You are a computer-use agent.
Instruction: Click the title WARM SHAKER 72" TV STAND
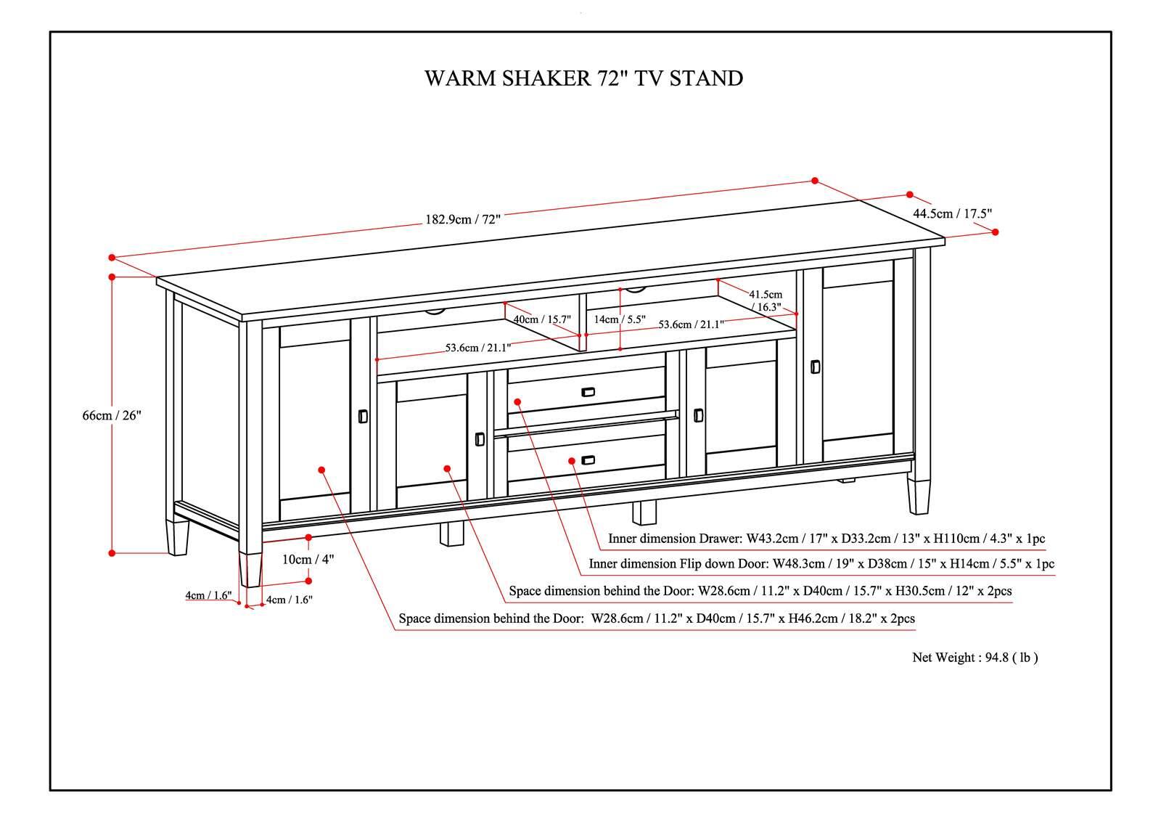click(583, 78)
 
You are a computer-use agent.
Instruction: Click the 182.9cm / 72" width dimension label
click(463, 220)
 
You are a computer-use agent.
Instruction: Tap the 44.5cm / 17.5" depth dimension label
click(952, 213)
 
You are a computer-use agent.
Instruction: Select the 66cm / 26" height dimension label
click(111, 415)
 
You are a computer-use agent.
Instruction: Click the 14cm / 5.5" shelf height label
click(619, 319)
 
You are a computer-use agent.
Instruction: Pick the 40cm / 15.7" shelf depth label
click(542, 319)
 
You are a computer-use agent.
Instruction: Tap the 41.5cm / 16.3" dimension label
click(766, 301)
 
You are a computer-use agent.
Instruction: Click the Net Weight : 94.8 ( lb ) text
click(975, 658)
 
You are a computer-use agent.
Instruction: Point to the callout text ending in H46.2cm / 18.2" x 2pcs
click(657, 619)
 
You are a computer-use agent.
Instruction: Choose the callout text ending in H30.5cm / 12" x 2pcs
click(760, 591)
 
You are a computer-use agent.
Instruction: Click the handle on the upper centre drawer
click(588, 392)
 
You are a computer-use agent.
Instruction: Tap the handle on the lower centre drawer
click(588, 459)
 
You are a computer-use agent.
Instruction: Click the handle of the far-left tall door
click(363, 416)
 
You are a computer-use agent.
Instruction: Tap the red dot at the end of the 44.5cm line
click(995, 232)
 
